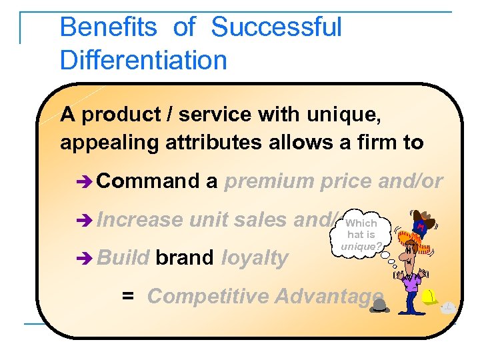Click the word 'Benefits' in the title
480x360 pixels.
108,28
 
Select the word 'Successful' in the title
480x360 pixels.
276,28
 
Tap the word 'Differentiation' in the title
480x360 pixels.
143,60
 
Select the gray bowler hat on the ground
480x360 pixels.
381,305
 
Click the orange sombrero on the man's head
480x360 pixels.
421,225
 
